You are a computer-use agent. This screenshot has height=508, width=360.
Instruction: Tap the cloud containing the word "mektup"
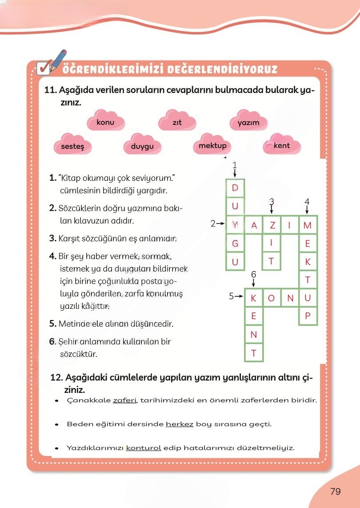point(212,146)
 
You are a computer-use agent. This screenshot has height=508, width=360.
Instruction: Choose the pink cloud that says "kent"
point(282,146)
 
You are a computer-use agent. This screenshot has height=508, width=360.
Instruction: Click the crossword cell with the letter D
point(236,188)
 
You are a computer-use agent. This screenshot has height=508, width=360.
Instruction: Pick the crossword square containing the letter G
point(236,243)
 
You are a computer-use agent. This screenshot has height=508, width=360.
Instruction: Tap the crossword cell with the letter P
point(308,317)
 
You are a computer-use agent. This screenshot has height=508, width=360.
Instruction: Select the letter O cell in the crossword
point(272,298)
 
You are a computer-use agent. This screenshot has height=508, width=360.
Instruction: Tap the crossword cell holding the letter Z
point(272,225)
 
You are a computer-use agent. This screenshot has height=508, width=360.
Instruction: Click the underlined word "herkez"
point(180,424)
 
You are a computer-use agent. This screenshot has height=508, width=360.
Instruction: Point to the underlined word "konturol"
point(144,448)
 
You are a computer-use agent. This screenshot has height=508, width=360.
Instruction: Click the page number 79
point(336,491)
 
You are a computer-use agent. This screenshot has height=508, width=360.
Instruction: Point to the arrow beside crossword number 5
point(239,296)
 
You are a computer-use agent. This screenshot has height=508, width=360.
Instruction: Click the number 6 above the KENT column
point(254,274)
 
